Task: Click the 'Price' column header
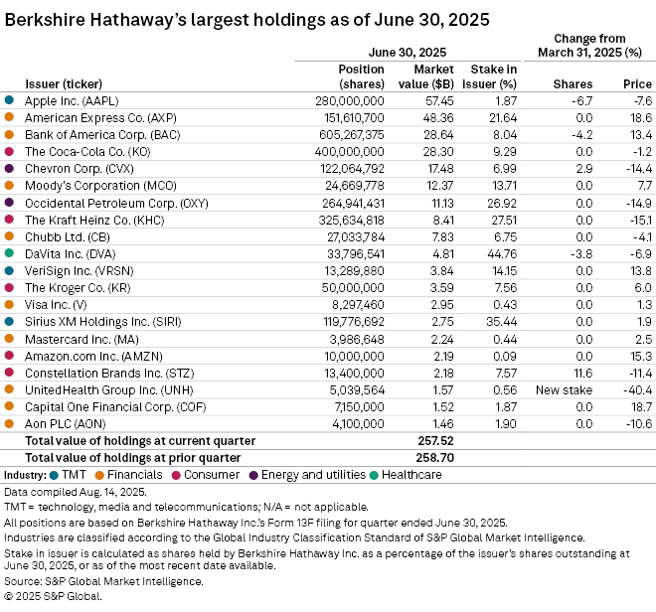(636, 84)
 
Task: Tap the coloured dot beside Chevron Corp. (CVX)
(9, 169)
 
